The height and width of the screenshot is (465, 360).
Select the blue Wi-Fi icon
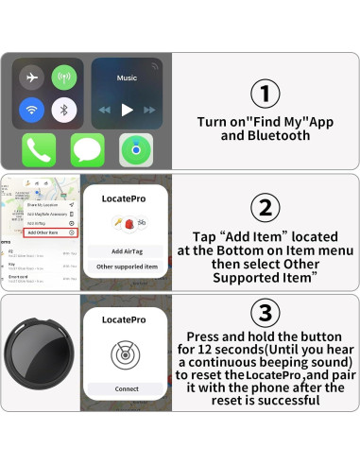coord(33,109)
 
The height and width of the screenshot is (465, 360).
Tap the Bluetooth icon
coord(64,109)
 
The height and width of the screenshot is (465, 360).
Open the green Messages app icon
coord(87,150)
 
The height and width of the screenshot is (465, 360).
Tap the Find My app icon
coord(136,150)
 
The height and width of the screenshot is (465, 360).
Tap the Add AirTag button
coord(126,250)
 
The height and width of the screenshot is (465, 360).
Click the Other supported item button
coord(126,267)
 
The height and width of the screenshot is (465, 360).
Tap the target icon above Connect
coord(126,353)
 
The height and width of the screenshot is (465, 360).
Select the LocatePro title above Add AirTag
coord(126,199)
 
